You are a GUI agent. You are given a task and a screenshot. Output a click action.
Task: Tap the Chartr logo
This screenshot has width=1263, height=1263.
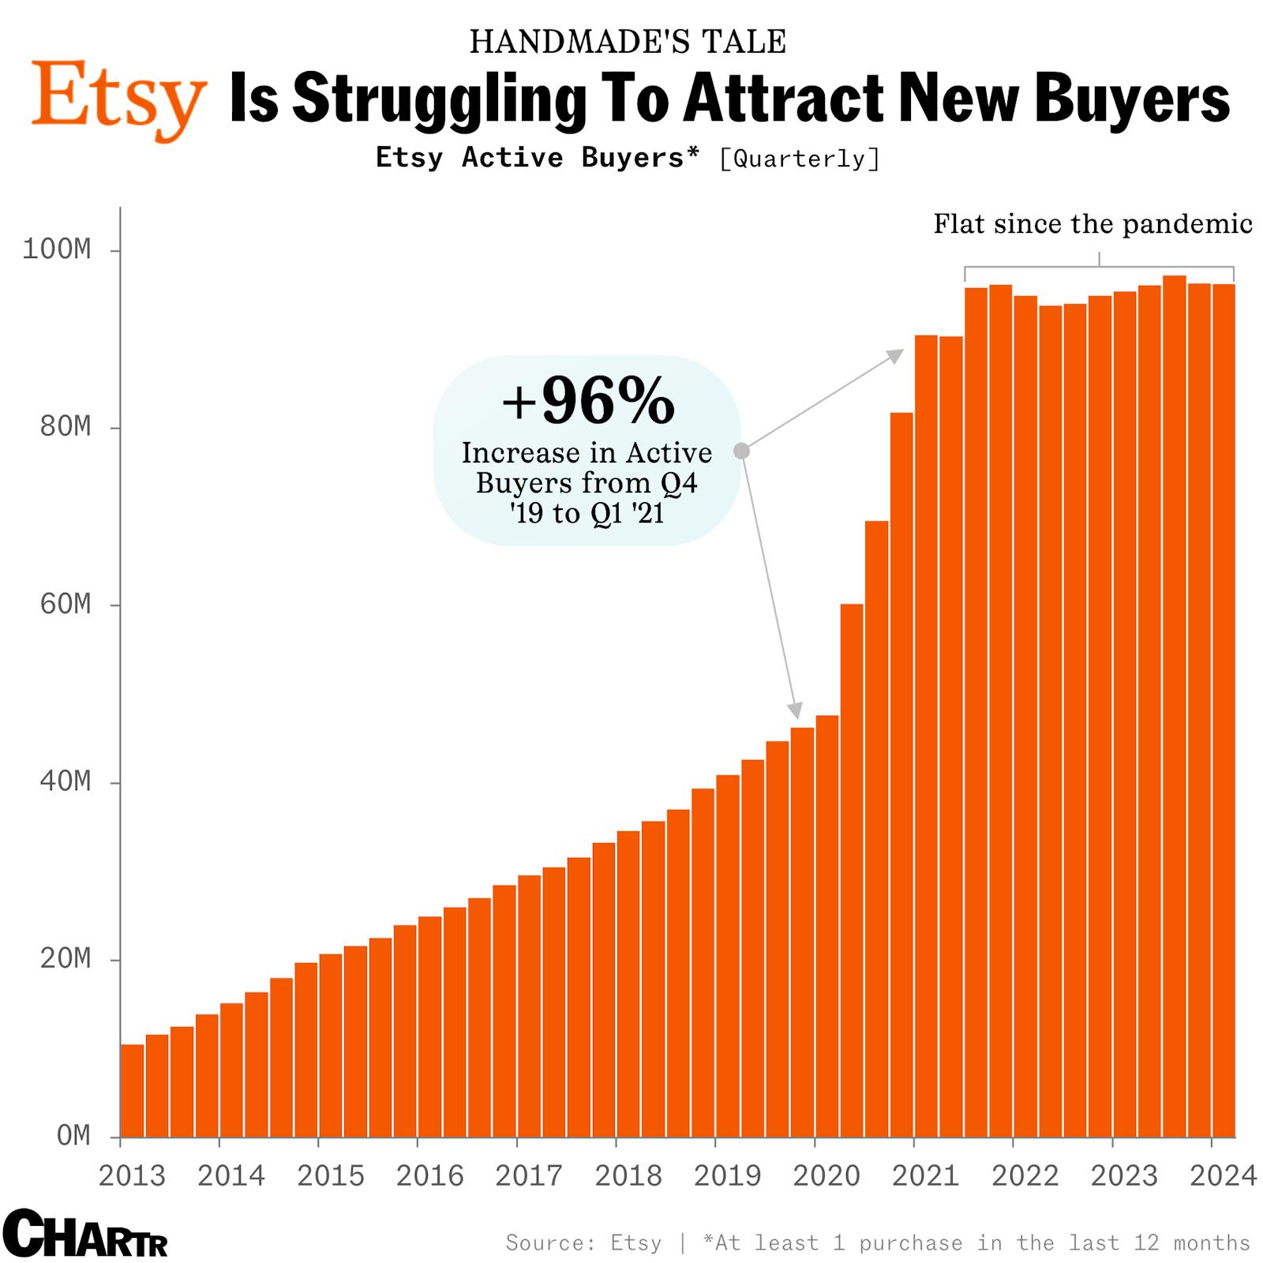[x=85, y=1233]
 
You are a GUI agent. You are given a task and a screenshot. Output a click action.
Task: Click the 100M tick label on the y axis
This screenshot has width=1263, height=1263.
[x=57, y=249]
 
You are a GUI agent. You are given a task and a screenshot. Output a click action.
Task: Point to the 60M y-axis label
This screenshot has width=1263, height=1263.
[x=66, y=605]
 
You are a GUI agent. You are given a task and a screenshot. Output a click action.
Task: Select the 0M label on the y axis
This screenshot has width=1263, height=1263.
[x=73, y=1136]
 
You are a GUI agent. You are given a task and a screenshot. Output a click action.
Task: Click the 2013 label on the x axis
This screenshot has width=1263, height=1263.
[x=132, y=1176]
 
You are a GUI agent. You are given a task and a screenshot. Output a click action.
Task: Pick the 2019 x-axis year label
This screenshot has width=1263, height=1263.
[x=727, y=1176]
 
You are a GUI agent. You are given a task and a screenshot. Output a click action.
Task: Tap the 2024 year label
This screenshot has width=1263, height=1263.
[x=1223, y=1176]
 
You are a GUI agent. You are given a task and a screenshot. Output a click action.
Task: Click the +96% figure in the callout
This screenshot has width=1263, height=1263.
[x=588, y=401]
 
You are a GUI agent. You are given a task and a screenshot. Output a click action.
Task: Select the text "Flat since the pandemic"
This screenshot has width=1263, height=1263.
[x=1092, y=224]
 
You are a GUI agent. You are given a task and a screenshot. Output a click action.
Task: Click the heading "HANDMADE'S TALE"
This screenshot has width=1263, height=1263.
[x=628, y=42]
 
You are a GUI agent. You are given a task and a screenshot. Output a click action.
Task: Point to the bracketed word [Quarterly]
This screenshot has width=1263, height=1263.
[x=800, y=159]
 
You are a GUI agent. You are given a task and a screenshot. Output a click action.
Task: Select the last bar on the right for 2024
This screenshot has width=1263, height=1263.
[x=1224, y=710]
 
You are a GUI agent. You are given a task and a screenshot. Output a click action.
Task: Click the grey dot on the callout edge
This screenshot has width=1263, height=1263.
[x=741, y=451]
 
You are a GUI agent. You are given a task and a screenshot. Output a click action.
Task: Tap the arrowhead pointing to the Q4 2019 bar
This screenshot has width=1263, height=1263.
[x=796, y=710]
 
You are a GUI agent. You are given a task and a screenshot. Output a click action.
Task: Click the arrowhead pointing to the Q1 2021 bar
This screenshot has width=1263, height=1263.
[x=896, y=355]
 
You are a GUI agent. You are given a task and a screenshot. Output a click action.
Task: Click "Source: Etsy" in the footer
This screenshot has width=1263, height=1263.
[x=583, y=1243]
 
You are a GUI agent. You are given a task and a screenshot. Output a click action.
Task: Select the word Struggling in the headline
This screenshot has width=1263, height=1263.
[x=440, y=99]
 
